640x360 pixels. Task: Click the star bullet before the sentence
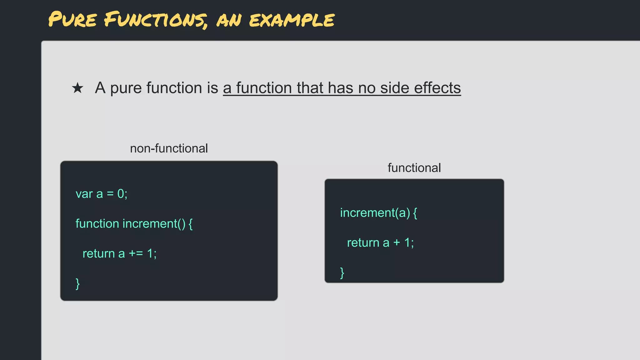point(77,88)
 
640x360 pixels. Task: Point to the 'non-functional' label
point(169,148)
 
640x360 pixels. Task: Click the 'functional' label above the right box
point(414,168)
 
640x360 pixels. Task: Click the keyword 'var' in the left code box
point(84,194)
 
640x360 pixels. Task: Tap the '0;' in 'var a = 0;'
point(122,194)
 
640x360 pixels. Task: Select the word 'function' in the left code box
point(97,224)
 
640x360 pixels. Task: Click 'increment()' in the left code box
point(154,224)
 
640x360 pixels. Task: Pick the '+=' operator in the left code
point(136,254)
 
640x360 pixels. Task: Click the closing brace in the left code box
point(78,284)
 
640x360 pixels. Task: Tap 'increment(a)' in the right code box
point(375,213)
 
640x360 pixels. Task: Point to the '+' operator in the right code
point(397,242)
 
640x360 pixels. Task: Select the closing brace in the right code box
point(342,273)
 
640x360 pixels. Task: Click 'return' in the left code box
point(99,254)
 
